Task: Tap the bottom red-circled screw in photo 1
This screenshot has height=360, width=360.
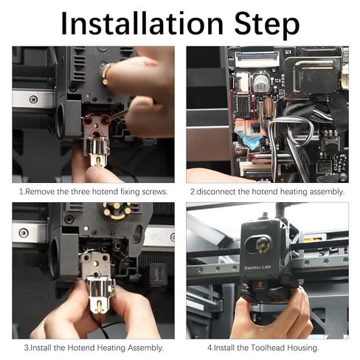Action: (x=94, y=134)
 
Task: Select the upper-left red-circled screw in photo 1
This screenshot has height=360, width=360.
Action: (x=88, y=119)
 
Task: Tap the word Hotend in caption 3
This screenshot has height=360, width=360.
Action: (x=89, y=347)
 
